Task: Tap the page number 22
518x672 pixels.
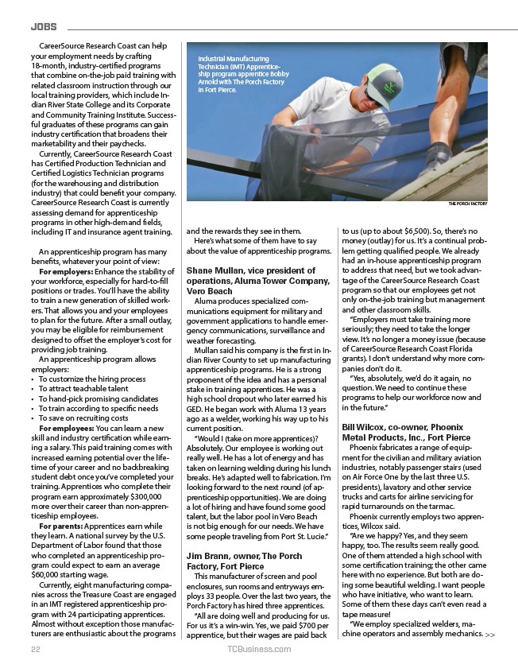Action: pos(35,649)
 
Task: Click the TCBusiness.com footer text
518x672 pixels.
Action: pos(258,649)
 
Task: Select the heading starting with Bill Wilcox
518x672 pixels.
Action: pos(406,432)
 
